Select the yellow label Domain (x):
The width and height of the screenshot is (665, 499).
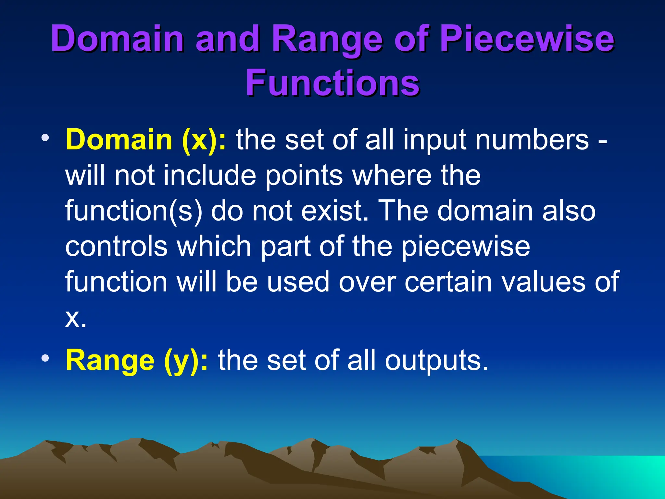point(145,140)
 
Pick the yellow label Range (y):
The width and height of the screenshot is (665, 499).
point(137,361)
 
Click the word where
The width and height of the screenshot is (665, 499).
point(391,175)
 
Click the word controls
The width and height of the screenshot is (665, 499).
point(117,246)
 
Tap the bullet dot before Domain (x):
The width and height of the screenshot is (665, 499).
point(45,138)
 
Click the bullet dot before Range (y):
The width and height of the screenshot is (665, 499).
point(45,358)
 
